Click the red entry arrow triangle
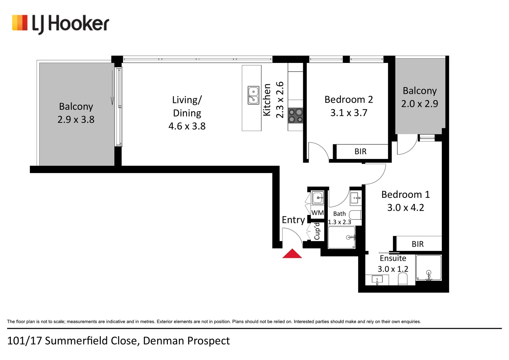point(292,254)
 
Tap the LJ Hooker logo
point(60,24)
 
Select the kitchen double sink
point(253,95)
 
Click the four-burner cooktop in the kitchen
point(296,116)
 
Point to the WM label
point(317,213)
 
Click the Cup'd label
point(317,231)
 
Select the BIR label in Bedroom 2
point(361,151)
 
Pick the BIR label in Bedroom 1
point(418,244)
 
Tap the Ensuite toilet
point(403,279)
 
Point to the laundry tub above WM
point(318,197)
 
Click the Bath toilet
point(355,215)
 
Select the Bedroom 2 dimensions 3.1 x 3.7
point(349,113)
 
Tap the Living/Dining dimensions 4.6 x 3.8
point(187,126)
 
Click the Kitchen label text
point(267,100)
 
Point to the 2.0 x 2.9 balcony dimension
point(420,104)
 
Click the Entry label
point(293,220)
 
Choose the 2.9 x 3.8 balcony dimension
point(76,120)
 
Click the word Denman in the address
point(164,341)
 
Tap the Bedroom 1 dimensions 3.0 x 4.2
point(406,208)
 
